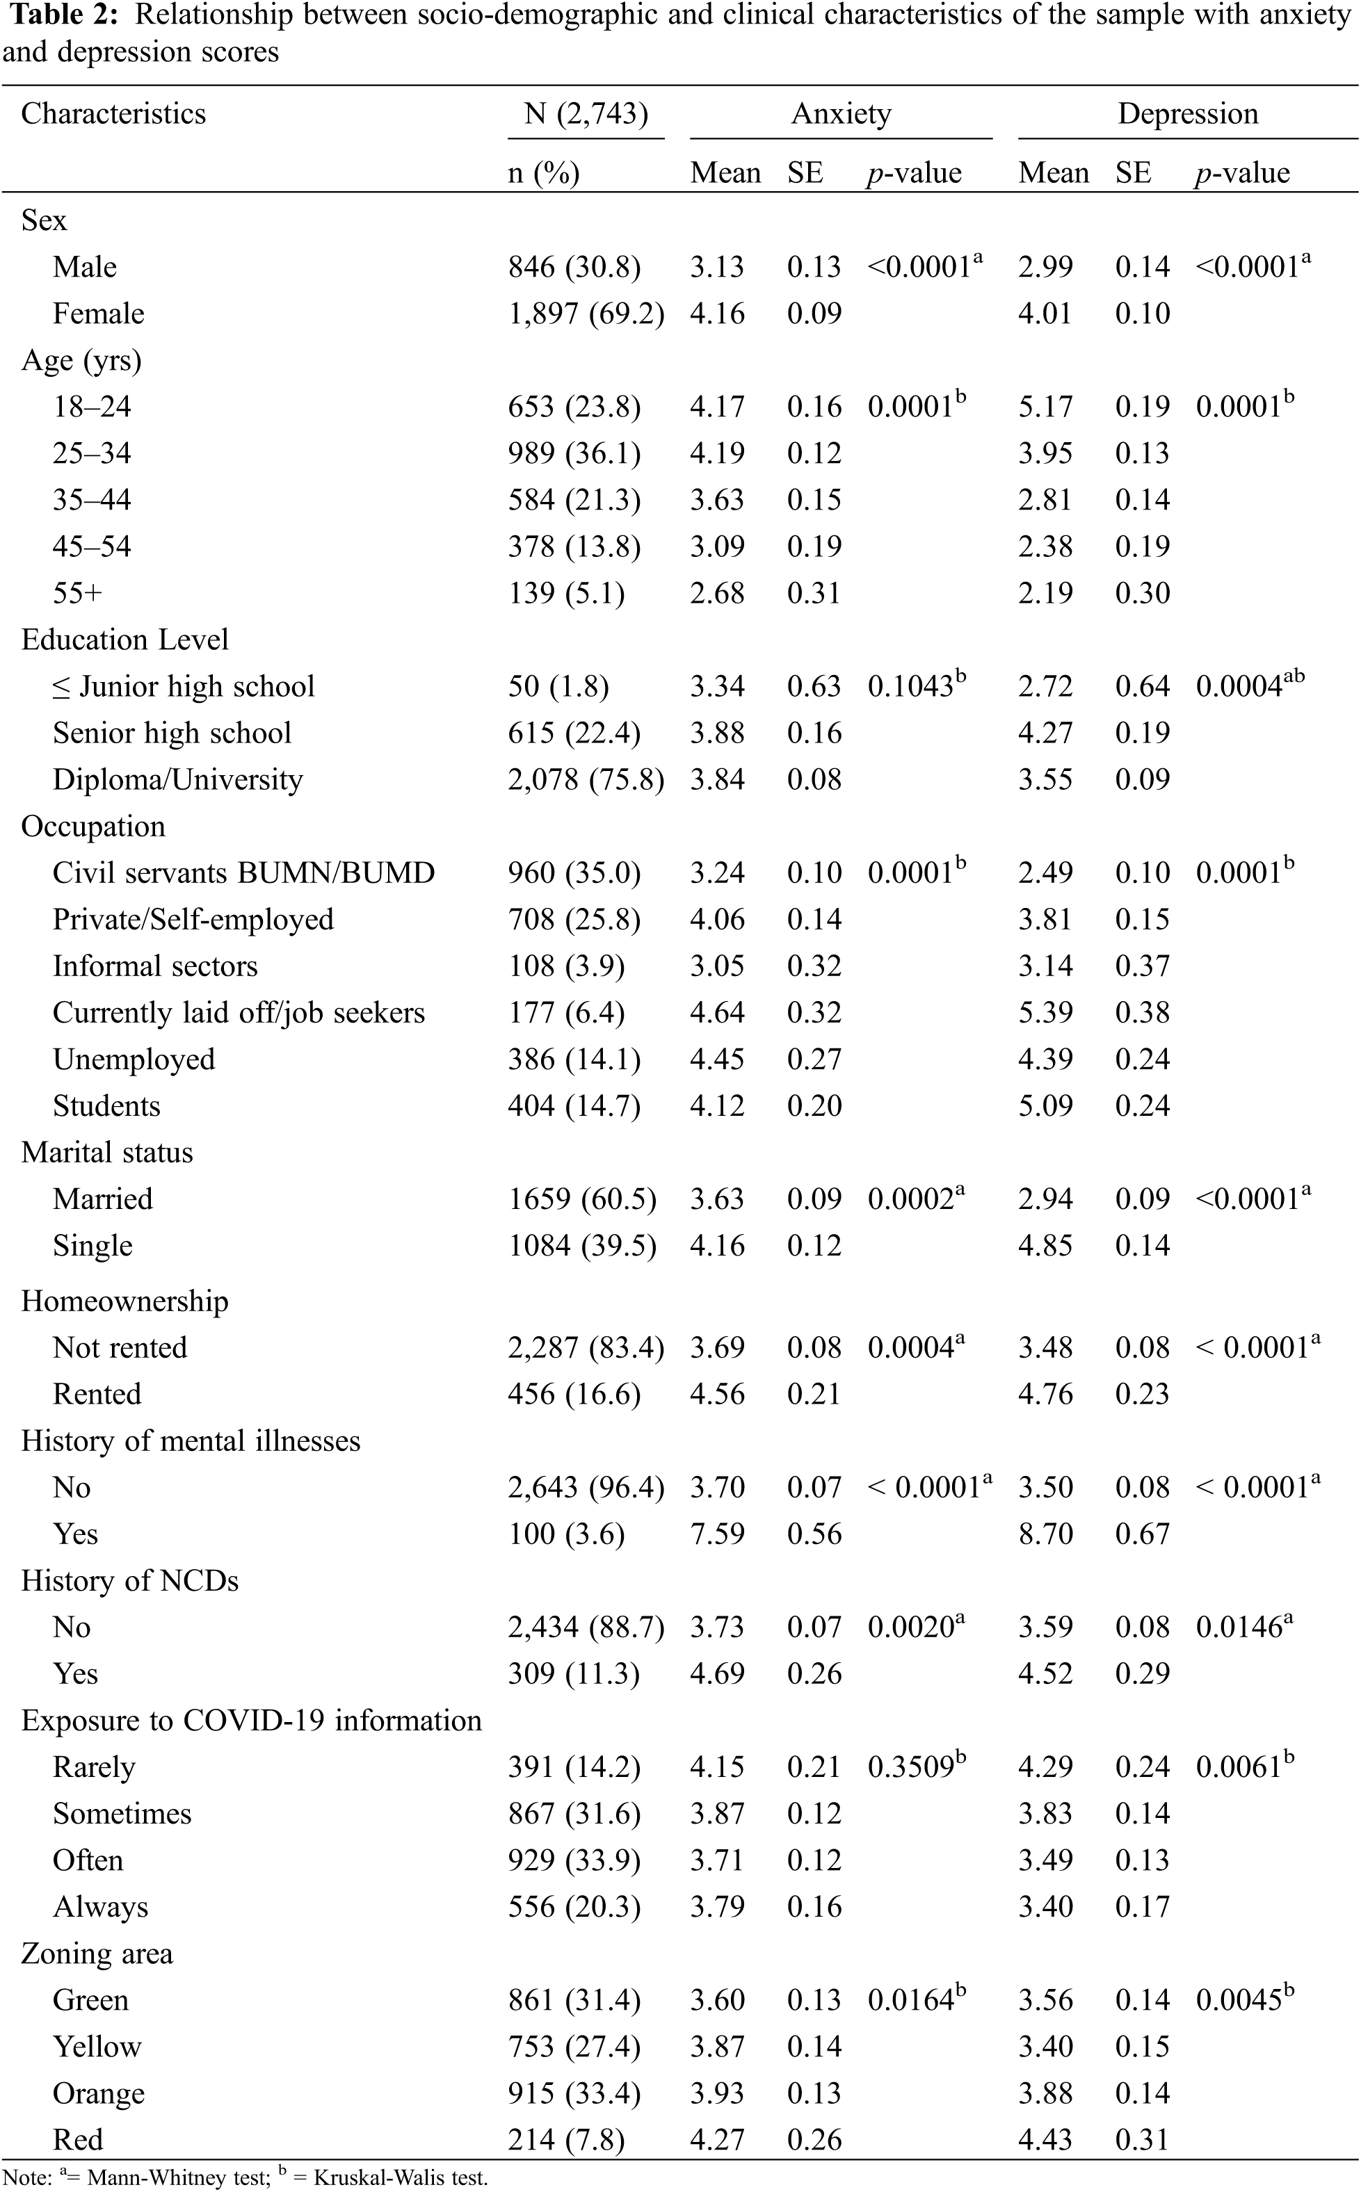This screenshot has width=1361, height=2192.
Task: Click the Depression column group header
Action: [1187, 113]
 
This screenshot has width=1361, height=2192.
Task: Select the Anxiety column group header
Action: [841, 113]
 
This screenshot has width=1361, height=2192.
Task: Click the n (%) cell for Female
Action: [586, 313]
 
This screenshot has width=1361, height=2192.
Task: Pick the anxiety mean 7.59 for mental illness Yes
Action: [718, 1534]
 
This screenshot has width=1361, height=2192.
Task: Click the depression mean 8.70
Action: [1045, 1534]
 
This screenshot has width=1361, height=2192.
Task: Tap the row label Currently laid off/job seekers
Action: [239, 1012]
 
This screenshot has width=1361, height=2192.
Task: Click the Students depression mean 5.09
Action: [1045, 1106]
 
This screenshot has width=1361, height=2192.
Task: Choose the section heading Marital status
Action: [107, 1153]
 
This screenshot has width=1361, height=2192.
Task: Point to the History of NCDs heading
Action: [129, 1581]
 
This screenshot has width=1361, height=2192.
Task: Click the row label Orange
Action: [98, 2093]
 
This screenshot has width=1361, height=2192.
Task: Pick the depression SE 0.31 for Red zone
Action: [1142, 2140]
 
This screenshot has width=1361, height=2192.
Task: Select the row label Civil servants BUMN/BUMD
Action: [243, 873]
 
